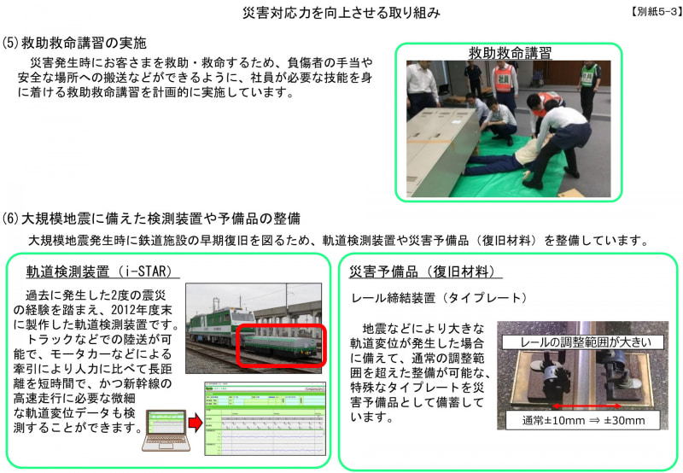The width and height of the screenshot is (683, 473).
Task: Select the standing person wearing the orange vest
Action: (x=505, y=85)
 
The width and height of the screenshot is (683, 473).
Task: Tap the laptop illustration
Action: (x=167, y=429)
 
